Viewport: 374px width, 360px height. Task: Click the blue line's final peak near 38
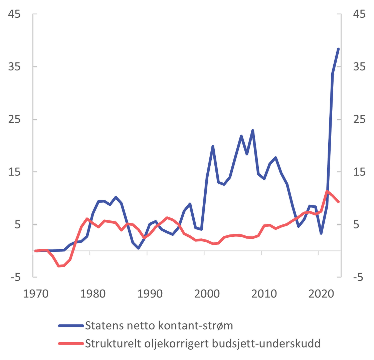click(338, 49)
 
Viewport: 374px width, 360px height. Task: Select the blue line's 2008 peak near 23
click(253, 130)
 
